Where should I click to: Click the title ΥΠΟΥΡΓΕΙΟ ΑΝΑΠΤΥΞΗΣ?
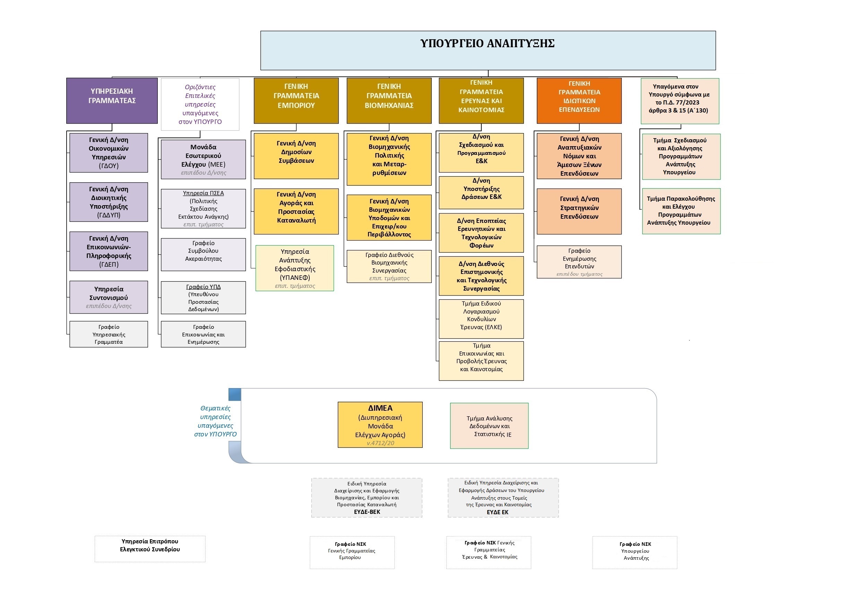[487, 43]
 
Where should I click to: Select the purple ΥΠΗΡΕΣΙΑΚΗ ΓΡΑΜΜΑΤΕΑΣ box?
[112, 100]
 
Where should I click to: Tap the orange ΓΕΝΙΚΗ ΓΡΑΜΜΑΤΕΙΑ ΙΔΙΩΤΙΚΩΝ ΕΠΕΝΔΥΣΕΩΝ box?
[579, 100]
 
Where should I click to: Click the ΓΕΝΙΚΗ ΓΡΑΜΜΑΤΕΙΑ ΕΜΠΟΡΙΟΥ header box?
[296, 100]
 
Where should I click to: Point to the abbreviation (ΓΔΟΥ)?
[109, 166]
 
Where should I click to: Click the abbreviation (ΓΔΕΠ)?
[109, 264]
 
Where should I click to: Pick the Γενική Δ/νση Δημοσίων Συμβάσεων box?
[296, 156]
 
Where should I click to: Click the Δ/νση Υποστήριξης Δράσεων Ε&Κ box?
[481, 192]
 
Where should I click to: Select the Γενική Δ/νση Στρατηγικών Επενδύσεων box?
[579, 211]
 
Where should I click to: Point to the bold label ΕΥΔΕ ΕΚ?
[497, 512]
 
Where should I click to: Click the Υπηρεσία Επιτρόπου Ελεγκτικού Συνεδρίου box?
[150, 549]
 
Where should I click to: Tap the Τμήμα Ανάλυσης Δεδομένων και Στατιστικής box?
[489, 426]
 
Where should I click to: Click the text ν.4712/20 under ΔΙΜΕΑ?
[380, 443]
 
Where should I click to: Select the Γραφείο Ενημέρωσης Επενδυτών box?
[579, 262]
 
